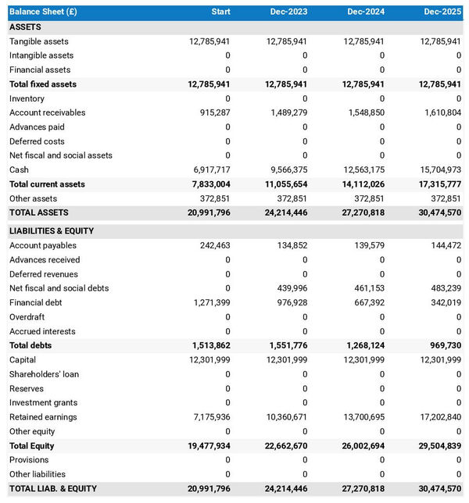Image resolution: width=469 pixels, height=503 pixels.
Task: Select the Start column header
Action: tap(220, 12)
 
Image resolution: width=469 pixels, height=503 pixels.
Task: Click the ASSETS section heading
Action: tap(25, 27)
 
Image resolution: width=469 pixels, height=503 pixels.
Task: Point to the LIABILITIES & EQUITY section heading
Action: tap(52, 231)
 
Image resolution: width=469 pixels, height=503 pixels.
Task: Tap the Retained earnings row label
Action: tap(42, 417)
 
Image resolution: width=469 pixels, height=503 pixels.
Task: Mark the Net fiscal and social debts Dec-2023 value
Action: tap(288, 288)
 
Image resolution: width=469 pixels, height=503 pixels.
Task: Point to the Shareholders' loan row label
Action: tap(44, 374)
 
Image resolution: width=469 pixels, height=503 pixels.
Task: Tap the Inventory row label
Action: tap(27, 98)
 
